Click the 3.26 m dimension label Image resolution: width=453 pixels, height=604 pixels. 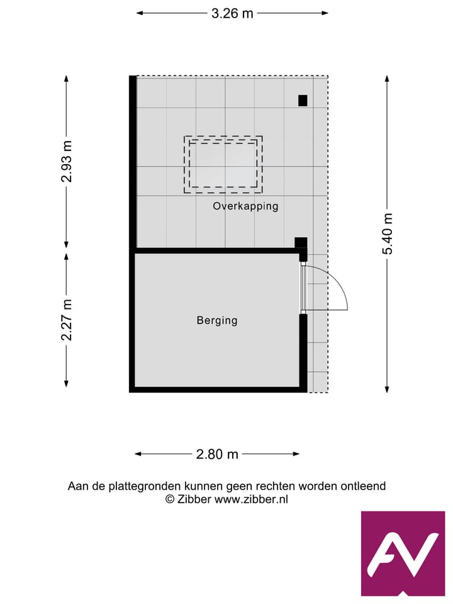[x=232, y=13]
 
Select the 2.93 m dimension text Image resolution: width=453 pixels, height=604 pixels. [x=67, y=162]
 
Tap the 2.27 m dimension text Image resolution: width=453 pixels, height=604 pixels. [x=67, y=320]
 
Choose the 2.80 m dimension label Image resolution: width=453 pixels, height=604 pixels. [x=218, y=454]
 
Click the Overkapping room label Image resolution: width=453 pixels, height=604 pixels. [x=245, y=206]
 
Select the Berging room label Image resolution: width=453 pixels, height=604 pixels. [x=217, y=320]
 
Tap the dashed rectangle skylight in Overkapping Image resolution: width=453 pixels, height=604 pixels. [x=223, y=165]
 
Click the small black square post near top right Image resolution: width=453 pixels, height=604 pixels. [x=303, y=100]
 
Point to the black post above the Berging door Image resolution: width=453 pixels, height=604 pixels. [x=301, y=242]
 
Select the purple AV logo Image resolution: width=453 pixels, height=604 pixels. [x=403, y=553]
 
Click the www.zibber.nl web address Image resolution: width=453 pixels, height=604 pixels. [x=252, y=499]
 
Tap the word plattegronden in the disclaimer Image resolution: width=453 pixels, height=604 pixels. [x=145, y=486]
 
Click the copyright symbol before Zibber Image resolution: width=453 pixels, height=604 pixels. [x=170, y=499]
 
